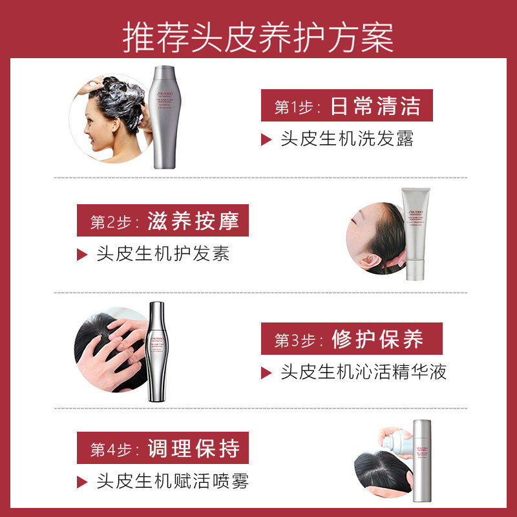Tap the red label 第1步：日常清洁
[x=347, y=106]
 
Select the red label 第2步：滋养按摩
[x=163, y=222]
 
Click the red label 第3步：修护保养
[x=347, y=339]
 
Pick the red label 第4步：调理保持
[x=163, y=449]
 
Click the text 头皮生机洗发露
[x=346, y=139]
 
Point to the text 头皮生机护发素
[x=163, y=254]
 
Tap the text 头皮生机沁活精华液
[x=363, y=372]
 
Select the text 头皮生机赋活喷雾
[x=172, y=481]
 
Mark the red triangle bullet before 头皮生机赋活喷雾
[x=81, y=481]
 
